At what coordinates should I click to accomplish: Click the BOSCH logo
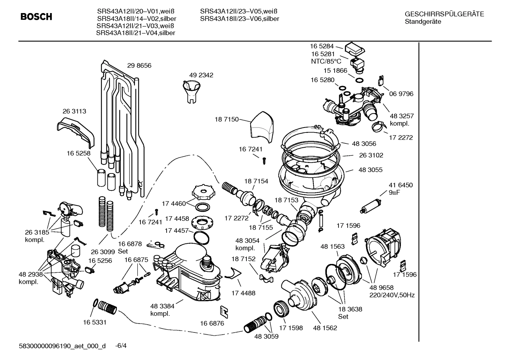[36, 17]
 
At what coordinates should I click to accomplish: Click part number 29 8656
[139, 65]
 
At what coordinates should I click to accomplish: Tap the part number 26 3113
[74, 111]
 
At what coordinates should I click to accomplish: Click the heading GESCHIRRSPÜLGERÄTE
[444, 14]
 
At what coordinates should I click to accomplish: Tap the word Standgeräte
[423, 22]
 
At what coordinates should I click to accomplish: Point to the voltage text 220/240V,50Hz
[392, 295]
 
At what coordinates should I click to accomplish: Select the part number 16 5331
[95, 322]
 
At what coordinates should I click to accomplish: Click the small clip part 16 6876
[224, 311]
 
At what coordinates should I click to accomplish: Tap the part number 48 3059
[266, 336]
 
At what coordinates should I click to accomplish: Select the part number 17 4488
[243, 293]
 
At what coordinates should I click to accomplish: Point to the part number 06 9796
[401, 94]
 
